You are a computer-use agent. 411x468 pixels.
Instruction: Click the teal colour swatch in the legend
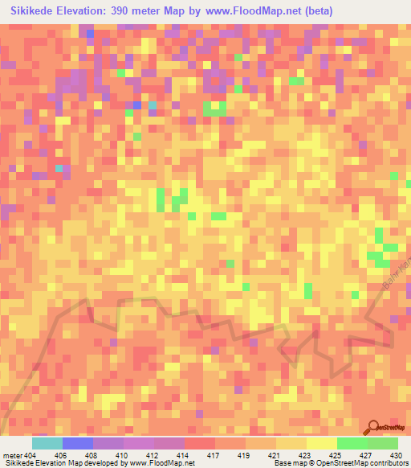pyautogui.click(x=47, y=443)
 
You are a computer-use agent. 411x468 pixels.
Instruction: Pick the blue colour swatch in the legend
pyautogui.click(x=77, y=443)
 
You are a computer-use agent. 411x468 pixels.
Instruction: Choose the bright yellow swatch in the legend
pyautogui.click(x=321, y=443)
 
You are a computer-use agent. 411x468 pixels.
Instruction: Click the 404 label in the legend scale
pyautogui.click(x=30, y=456)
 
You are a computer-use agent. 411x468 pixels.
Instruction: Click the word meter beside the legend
pyautogui.click(x=11, y=456)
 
